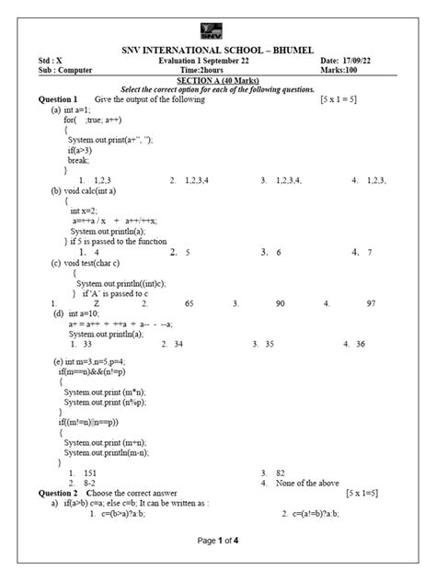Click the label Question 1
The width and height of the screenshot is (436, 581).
(x=57, y=98)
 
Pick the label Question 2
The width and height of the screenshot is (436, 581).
(x=57, y=494)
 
